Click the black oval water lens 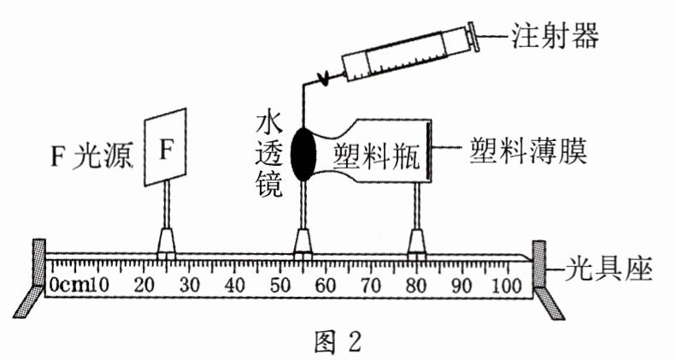[303, 154]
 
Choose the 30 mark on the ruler [189, 284]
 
